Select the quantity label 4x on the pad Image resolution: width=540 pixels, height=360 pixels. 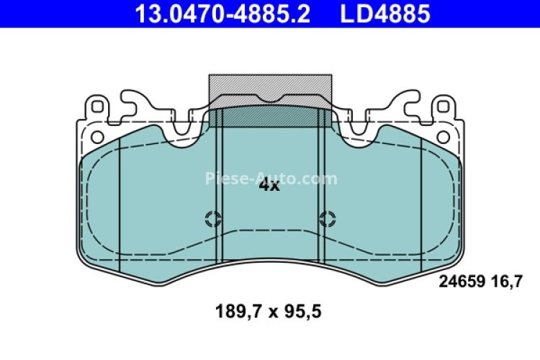pyautogui.click(x=269, y=185)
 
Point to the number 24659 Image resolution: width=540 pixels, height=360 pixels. pyautogui.click(x=460, y=283)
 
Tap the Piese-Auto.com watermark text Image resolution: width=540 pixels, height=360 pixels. pyautogui.click(x=271, y=179)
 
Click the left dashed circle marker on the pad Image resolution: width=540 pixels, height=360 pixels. pyautogui.click(x=213, y=219)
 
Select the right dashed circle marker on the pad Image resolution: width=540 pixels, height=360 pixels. pyautogui.click(x=328, y=219)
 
